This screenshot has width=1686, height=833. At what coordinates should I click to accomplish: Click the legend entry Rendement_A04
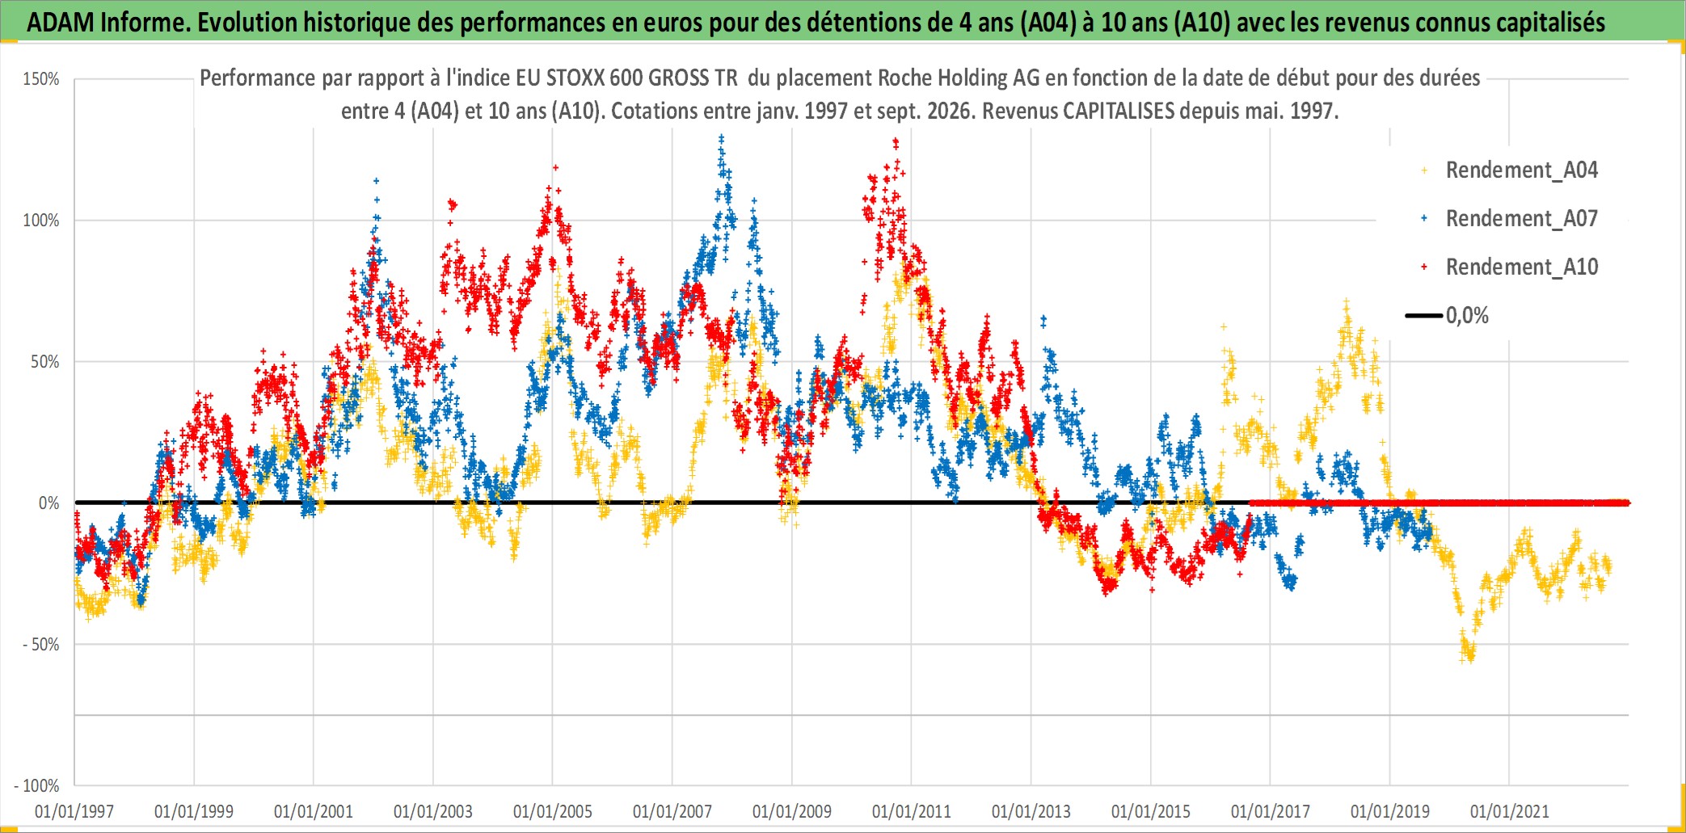(1509, 170)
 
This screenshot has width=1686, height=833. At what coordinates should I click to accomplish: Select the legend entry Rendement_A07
(1509, 219)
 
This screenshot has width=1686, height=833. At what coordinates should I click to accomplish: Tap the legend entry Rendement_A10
(1509, 267)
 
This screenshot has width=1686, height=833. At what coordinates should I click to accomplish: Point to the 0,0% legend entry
(1448, 316)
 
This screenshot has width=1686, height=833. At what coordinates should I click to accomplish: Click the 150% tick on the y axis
(41, 79)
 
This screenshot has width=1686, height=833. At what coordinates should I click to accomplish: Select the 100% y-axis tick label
(41, 221)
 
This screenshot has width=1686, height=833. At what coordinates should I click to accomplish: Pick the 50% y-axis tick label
(45, 362)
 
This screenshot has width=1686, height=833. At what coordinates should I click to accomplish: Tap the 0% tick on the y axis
(49, 503)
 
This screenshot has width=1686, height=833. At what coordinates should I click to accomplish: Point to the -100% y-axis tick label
(37, 786)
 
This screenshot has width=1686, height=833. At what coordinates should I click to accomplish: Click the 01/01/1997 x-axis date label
(74, 811)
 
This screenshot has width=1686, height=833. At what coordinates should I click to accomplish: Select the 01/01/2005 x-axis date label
(553, 811)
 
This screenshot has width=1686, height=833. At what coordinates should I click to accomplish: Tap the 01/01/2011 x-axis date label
(912, 811)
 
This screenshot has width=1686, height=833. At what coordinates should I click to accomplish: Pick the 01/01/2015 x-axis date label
(1151, 811)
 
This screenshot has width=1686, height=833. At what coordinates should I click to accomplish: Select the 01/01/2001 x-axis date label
(314, 811)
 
